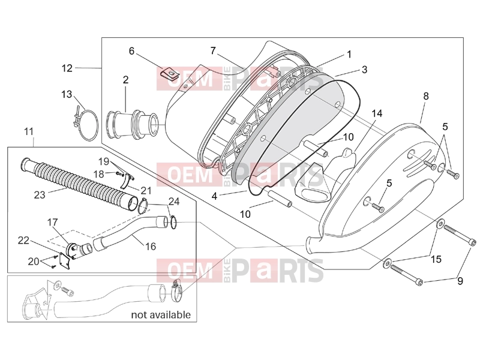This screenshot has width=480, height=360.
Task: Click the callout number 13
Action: click(x=67, y=94)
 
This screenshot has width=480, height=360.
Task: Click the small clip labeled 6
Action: click(x=170, y=73)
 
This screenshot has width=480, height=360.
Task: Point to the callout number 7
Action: click(x=213, y=50)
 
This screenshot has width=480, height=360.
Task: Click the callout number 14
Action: click(x=377, y=113)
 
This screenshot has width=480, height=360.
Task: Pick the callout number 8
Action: click(x=426, y=96)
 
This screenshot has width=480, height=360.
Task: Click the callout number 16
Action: click(x=151, y=247)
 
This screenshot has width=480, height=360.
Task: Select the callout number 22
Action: click(x=23, y=241)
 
